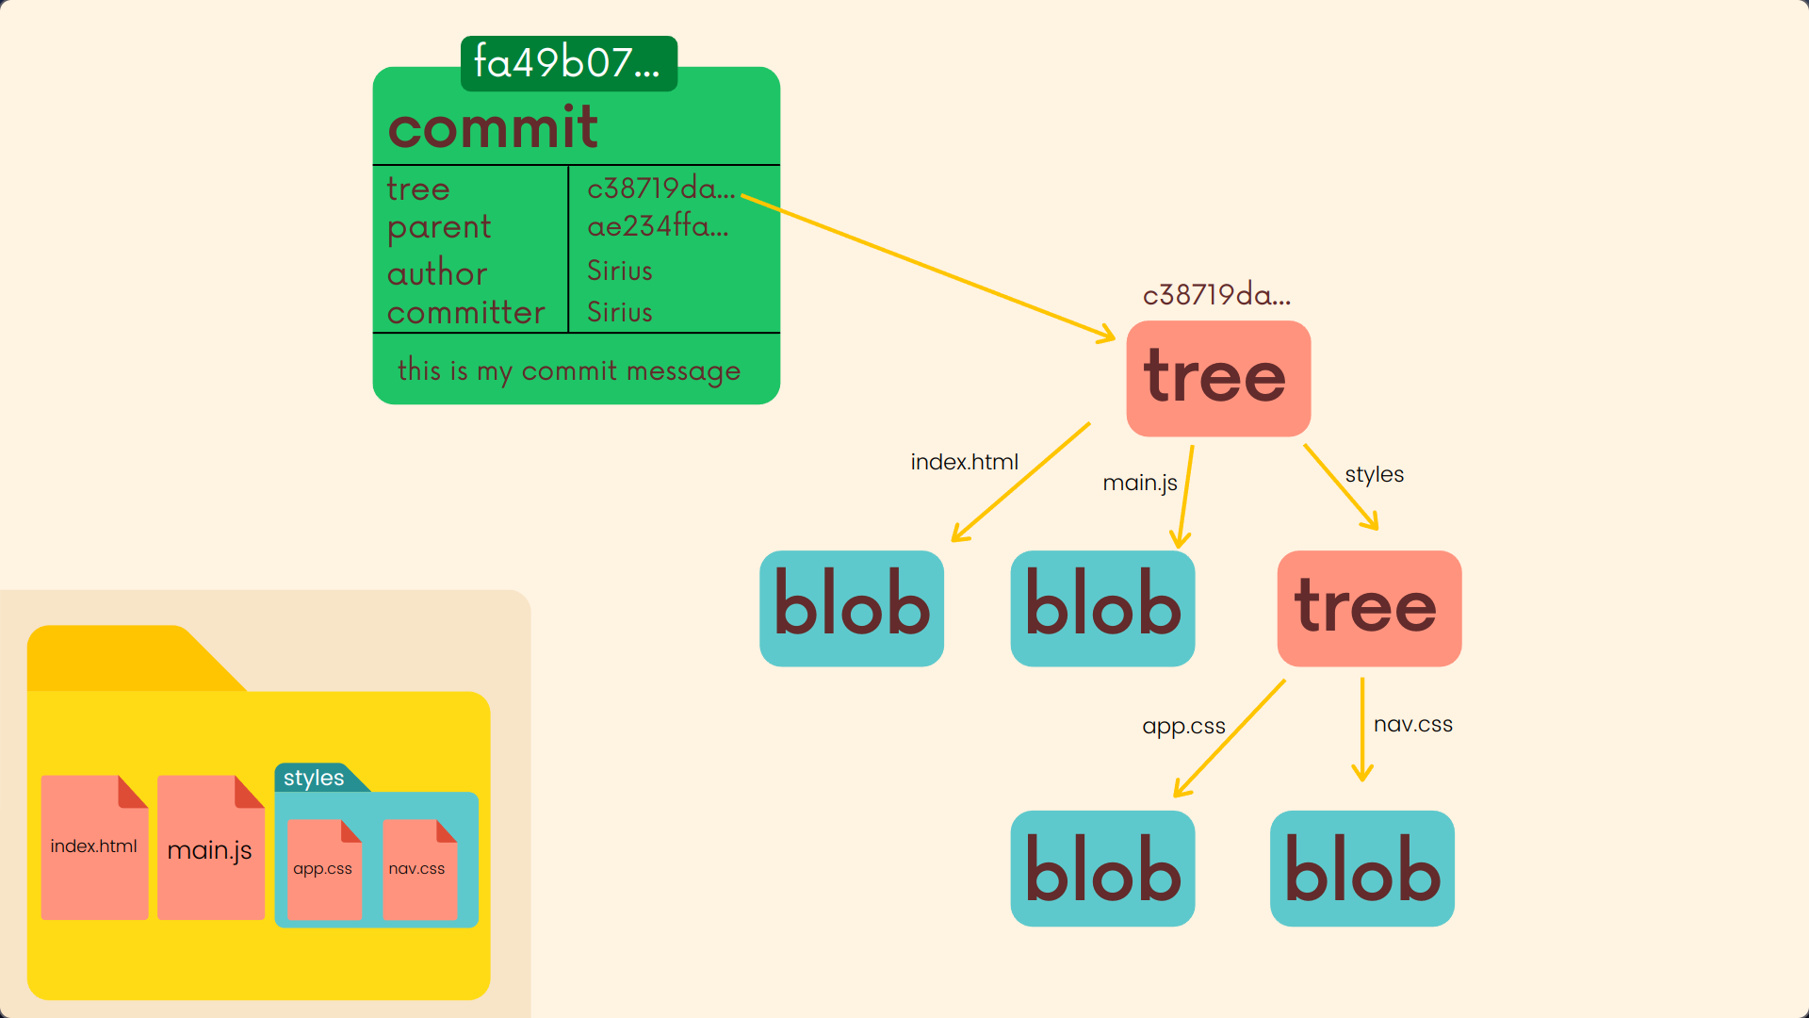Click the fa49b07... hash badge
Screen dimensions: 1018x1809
[x=568, y=63]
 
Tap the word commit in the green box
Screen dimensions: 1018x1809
[x=493, y=127]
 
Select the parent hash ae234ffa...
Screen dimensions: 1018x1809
[x=658, y=226]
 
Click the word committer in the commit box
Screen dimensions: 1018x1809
[x=465, y=312]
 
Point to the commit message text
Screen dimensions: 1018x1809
[x=568, y=370]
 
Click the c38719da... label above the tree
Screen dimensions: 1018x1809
[x=1216, y=295]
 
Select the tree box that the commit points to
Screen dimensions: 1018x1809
[x=1217, y=378]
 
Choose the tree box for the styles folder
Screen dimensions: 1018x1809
[x=1368, y=608]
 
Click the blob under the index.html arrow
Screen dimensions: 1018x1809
[x=851, y=608]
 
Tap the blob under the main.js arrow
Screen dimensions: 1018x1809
[x=1102, y=608]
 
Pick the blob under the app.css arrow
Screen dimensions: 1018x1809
[x=1102, y=868]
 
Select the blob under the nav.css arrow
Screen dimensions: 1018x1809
[x=1361, y=868]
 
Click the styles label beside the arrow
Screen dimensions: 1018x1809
[x=1374, y=474]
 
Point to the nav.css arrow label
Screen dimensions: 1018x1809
[x=1412, y=725]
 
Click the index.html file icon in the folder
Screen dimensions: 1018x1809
[x=94, y=846]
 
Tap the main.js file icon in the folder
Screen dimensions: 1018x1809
[x=210, y=848]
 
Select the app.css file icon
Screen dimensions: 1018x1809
[x=323, y=868]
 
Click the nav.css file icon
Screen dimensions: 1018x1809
[x=418, y=868]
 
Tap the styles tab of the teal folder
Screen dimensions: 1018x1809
[x=315, y=778]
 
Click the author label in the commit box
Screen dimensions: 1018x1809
[x=436, y=273]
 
